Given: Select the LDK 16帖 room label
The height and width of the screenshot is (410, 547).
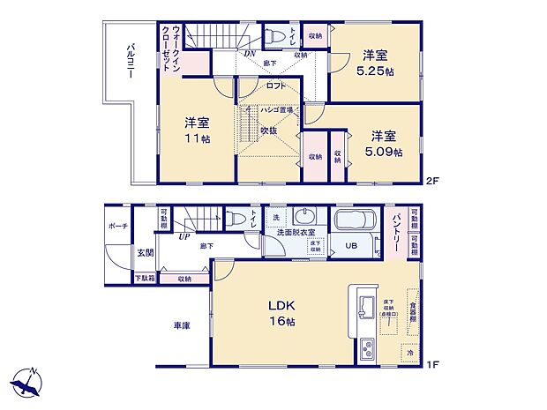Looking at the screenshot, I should pyautogui.click(x=281, y=313).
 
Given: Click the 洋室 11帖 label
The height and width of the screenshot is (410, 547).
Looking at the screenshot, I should pyautogui.click(x=197, y=130).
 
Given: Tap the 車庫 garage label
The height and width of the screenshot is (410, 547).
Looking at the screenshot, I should pyautogui.click(x=182, y=325).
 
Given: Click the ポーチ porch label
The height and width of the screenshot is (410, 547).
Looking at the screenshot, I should pyautogui.click(x=120, y=227).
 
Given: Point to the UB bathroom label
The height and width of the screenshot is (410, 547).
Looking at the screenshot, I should pyautogui.click(x=350, y=246).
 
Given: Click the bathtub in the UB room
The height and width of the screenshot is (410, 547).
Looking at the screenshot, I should pyautogui.click(x=356, y=220).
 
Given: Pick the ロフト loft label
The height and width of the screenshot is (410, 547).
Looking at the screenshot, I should pyautogui.click(x=276, y=86).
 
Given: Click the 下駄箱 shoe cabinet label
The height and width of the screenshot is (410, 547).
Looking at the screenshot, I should pyautogui.click(x=144, y=279).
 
